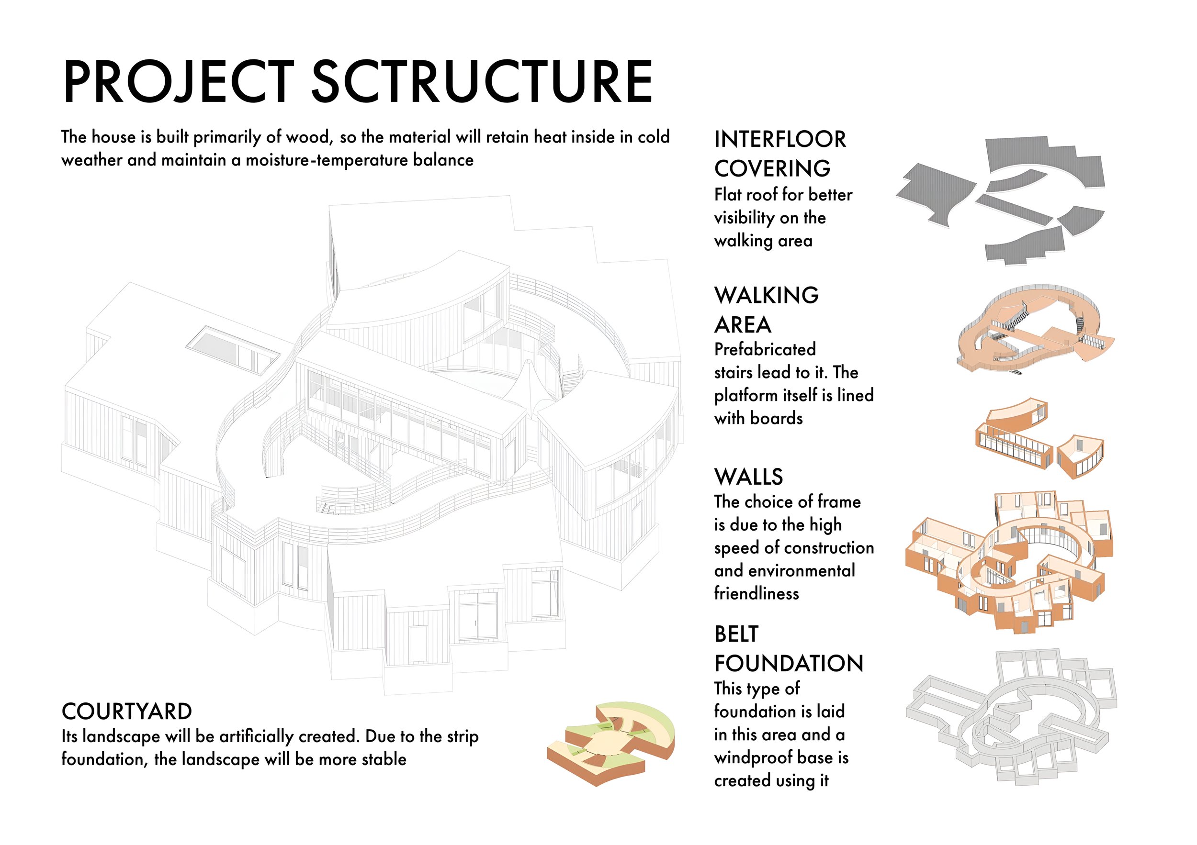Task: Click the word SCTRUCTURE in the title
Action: click(482, 82)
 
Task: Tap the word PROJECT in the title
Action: click(179, 82)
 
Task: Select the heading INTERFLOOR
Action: click(780, 139)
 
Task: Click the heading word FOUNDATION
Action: click(789, 664)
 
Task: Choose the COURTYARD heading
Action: click(127, 711)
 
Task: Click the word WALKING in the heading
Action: click(767, 295)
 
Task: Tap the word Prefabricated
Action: click(765, 349)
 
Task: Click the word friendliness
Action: click(757, 593)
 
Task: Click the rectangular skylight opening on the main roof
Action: click(233, 350)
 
